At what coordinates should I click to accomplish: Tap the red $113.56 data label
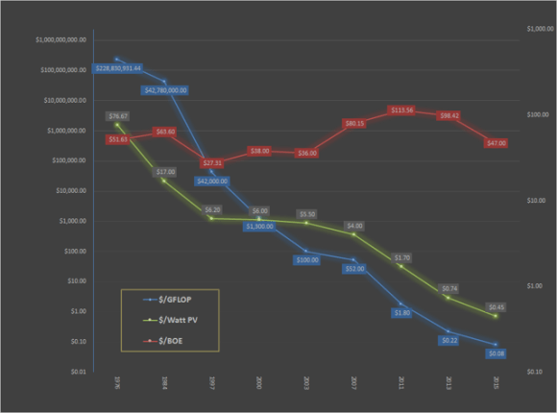401,110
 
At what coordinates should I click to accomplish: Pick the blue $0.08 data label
496,353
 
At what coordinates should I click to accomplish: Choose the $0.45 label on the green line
496,307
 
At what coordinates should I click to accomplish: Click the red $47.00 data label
496,142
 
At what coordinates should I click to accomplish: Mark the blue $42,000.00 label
212,181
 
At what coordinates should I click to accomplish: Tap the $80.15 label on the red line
354,123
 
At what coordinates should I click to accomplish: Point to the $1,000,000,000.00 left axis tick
61,40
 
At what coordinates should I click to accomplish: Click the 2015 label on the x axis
496,382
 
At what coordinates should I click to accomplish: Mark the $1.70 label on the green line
401,257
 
